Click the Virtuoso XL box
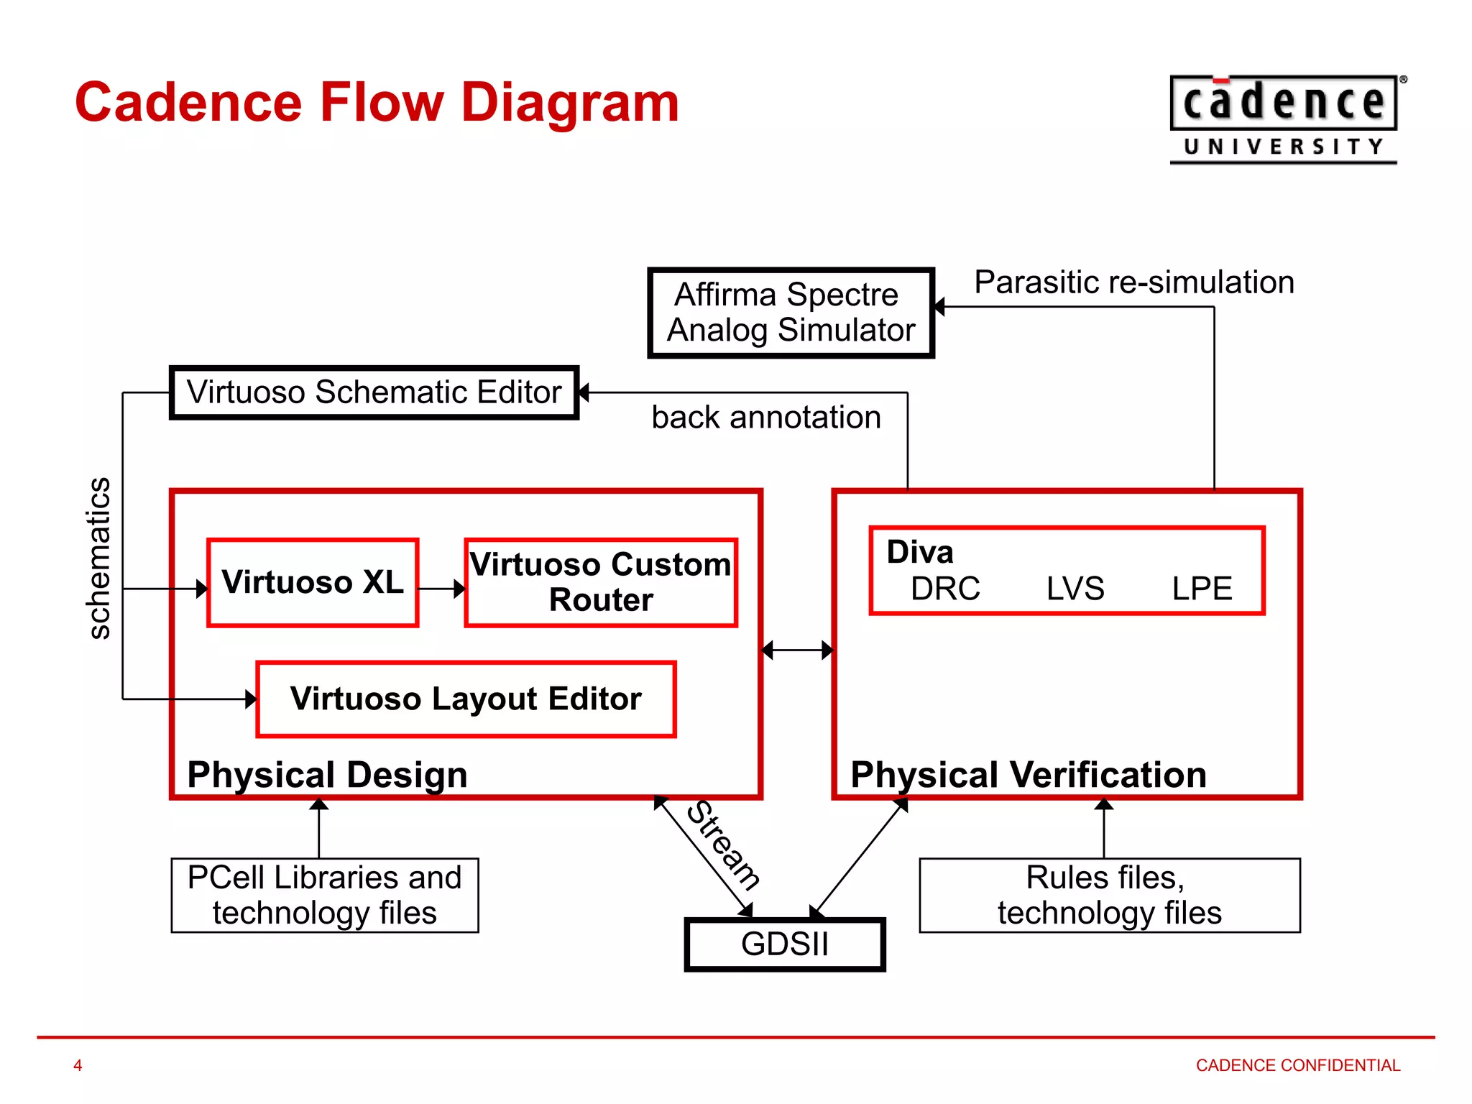[312, 582]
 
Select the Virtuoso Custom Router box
[601, 582]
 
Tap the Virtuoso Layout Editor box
[466, 699]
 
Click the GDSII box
[785, 944]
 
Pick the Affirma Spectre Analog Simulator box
[791, 313]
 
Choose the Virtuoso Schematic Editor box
[374, 392]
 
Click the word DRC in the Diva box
[945, 589]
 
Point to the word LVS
[1075, 589]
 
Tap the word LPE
[1202, 589]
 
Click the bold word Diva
[920, 552]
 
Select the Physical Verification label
[1028, 775]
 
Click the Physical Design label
[327, 775]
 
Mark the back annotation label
[766, 418]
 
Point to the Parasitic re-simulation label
[1134, 282]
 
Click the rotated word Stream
[723, 845]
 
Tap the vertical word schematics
[98, 558]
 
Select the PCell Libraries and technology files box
[325, 895]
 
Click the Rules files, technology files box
[1110, 895]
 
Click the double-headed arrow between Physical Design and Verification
[797, 650]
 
